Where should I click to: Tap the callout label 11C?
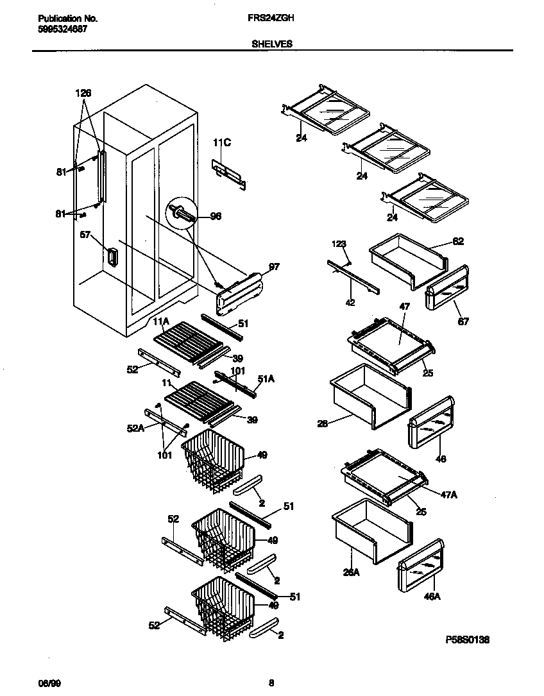pyautogui.click(x=221, y=144)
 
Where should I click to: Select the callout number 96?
pyautogui.click(x=216, y=216)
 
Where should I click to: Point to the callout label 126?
pyautogui.click(x=83, y=93)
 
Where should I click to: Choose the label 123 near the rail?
pyautogui.click(x=339, y=244)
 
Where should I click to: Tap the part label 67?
pyautogui.click(x=463, y=321)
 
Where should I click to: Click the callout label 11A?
pyautogui.click(x=160, y=321)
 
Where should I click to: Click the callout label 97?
pyautogui.click(x=274, y=266)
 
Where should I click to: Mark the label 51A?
pyautogui.click(x=266, y=380)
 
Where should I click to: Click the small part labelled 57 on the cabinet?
pyautogui.click(x=112, y=257)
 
